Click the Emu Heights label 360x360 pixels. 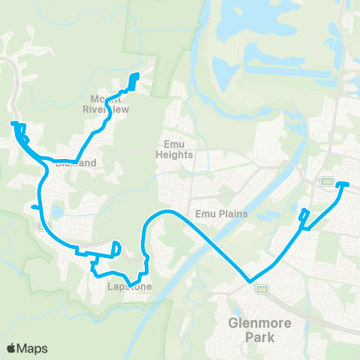(175, 150)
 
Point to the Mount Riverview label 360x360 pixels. (109, 103)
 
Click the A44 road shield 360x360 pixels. (327, 181)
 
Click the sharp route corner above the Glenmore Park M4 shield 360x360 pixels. (249, 282)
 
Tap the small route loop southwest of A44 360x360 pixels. (304, 215)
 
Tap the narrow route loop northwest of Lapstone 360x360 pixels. (116, 249)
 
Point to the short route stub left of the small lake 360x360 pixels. (34, 206)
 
